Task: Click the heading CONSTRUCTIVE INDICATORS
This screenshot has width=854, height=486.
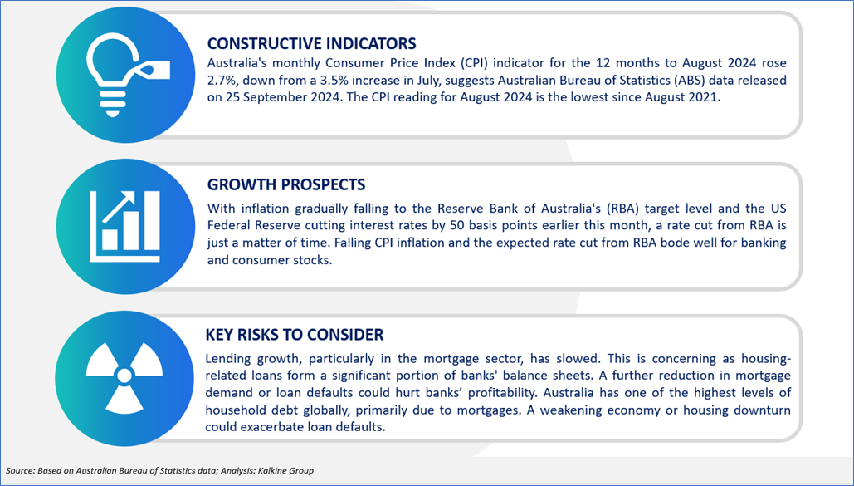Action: (312, 43)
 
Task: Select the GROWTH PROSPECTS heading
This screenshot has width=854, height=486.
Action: (286, 184)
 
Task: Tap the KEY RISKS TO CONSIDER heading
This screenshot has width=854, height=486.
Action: (295, 334)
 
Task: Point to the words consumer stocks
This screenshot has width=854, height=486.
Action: (281, 260)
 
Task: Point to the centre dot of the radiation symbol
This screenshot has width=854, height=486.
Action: (124, 376)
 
